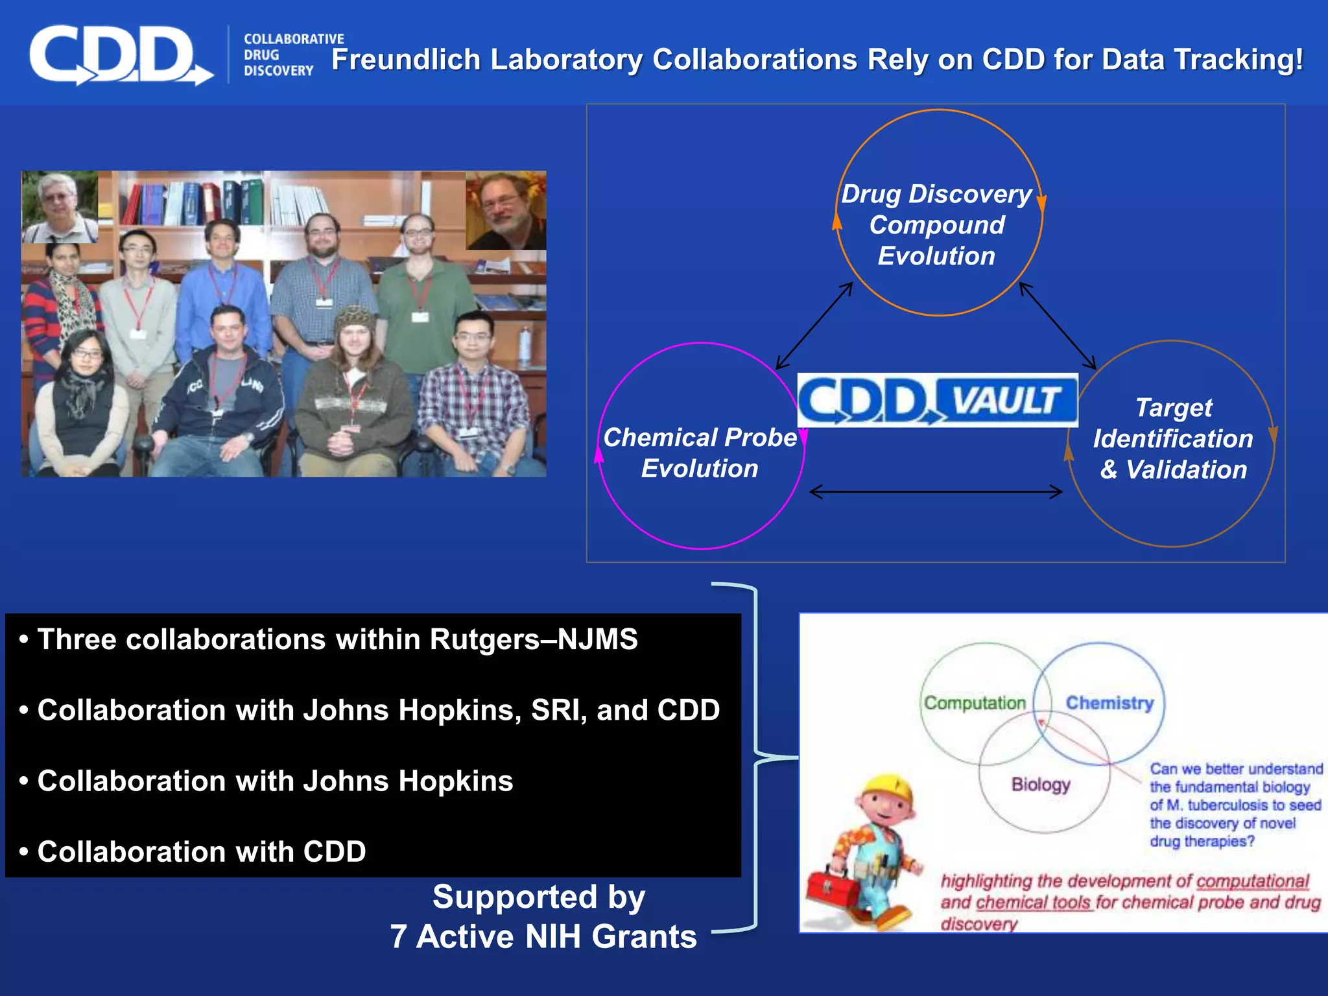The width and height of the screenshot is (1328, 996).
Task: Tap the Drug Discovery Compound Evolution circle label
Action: pyautogui.click(x=936, y=225)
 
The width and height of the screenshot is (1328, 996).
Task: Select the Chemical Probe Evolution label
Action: pyautogui.click(x=700, y=453)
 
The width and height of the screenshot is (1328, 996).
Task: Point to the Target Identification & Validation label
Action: pyautogui.click(x=1173, y=439)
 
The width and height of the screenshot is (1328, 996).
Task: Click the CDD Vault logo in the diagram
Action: pyautogui.click(x=937, y=399)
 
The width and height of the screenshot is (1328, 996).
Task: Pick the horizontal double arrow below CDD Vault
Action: pyautogui.click(x=936, y=492)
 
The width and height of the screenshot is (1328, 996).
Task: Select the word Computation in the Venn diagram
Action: pyautogui.click(x=975, y=703)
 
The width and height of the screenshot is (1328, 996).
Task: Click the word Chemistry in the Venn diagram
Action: pyautogui.click(x=1109, y=703)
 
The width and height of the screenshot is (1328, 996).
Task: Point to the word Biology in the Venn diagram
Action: pyautogui.click(x=1041, y=784)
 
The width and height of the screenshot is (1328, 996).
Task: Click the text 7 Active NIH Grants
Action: pyautogui.click(x=543, y=936)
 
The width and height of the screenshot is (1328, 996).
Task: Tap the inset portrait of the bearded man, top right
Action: pyautogui.click(x=506, y=211)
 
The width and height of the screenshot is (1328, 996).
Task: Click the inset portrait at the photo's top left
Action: pyautogui.click(x=60, y=207)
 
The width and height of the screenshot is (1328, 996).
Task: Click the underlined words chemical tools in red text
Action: pyautogui.click(x=1034, y=903)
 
